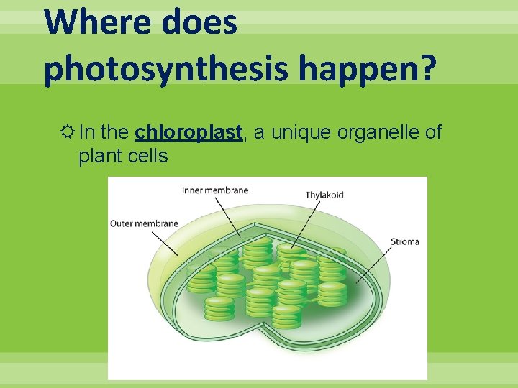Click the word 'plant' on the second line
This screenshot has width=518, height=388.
pyautogui.click(x=99, y=156)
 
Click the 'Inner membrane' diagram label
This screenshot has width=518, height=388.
pyautogui.click(x=215, y=190)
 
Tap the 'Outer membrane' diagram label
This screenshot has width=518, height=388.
pyautogui.click(x=144, y=223)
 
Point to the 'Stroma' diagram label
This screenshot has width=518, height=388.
pyautogui.click(x=405, y=241)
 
